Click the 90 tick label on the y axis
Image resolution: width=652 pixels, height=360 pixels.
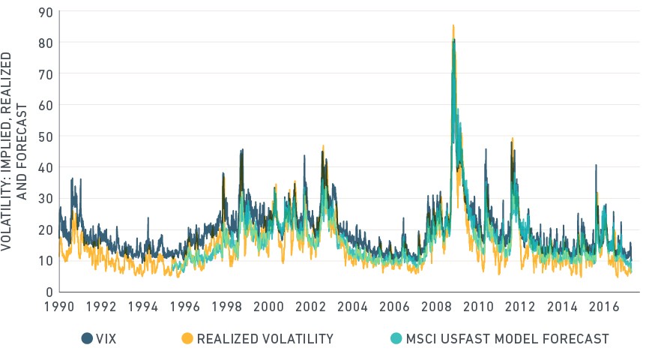click(46, 13)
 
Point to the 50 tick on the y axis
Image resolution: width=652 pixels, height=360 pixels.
click(46, 136)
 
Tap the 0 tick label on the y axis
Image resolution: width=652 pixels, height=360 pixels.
click(49, 292)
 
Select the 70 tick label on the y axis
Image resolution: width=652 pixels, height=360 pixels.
click(46, 74)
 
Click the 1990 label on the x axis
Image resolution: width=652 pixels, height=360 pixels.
click(59, 307)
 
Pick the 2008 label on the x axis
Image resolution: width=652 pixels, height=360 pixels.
click(436, 307)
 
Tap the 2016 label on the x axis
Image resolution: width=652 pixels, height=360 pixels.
click(604, 307)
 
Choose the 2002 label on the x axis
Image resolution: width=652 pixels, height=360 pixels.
click(310, 307)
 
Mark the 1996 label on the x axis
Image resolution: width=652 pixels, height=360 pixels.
click(185, 307)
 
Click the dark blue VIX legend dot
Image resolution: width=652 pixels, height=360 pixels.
click(87, 339)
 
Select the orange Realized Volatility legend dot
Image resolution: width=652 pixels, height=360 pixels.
click(187, 339)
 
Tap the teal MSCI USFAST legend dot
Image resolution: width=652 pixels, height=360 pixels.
click(396, 339)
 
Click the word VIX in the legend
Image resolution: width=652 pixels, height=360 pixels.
click(106, 339)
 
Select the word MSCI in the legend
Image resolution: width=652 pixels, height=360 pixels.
click(421, 339)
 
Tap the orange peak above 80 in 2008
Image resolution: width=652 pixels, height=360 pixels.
click(453, 25)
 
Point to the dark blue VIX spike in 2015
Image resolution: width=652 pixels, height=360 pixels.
click(596, 166)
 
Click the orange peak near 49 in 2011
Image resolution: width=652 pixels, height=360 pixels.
click(513, 139)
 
